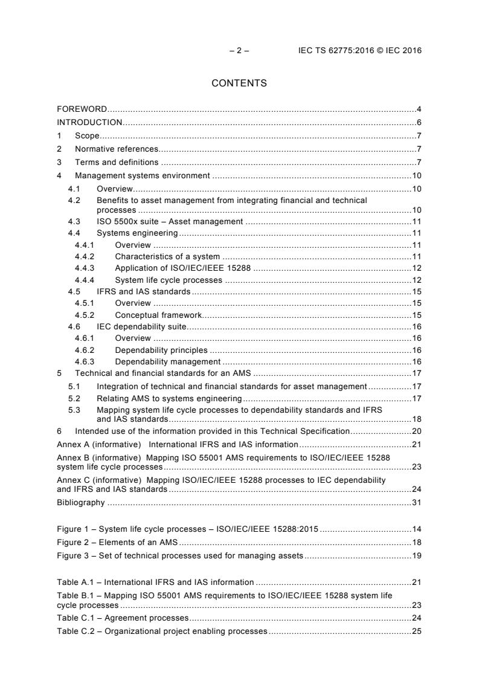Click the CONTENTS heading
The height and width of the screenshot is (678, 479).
[239, 83]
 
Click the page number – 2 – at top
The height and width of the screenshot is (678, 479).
[239, 51]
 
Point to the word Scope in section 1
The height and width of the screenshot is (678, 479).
[87, 136]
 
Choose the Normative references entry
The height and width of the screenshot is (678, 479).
[116, 149]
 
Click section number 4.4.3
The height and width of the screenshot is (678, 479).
[85, 268]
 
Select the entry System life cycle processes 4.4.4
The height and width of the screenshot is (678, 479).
[169, 280]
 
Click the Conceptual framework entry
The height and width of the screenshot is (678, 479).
[158, 315]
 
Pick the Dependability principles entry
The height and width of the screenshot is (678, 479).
[161, 350]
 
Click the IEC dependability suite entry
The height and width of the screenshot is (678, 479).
[142, 327]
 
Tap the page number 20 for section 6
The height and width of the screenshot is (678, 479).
[416, 431]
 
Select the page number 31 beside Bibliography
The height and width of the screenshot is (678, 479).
[416, 502]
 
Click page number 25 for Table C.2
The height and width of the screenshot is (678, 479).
[416, 631]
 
